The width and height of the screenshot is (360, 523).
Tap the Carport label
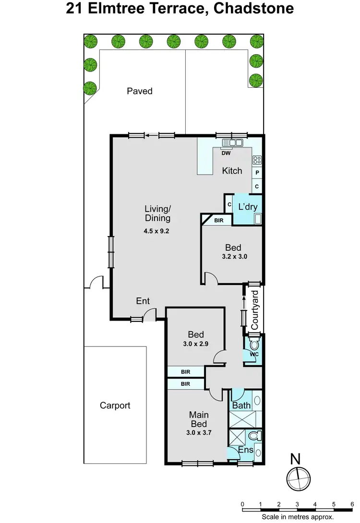pyautogui.click(x=115, y=405)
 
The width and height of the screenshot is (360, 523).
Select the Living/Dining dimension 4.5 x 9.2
pyautogui.click(x=156, y=231)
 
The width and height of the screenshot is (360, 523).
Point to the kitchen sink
pyautogui.click(x=233, y=143)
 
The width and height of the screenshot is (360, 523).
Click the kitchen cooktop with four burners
pyautogui.click(x=257, y=160)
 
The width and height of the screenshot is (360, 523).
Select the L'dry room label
pyautogui.click(x=248, y=207)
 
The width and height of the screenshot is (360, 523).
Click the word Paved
pyautogui.click(x=139, y=91)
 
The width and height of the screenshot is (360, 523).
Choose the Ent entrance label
pyautogui.click(x=143, y=301)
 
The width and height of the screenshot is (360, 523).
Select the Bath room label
pyautogui.click(x=241, y=405)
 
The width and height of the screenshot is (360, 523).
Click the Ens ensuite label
pyautogui.click(x=247, y=450)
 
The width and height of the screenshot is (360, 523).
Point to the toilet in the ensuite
pyautogui.click(x=255, y=436)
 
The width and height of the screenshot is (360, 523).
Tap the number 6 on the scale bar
pyautogui.click(x=352, y=504)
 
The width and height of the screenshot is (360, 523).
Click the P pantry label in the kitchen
pyautogui.click(x=257, y=173)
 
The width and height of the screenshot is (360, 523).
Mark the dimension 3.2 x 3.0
pyautogui.click(x=233, y=256)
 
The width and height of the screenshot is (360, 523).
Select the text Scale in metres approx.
pyautogui.click(x=297, y=517)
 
